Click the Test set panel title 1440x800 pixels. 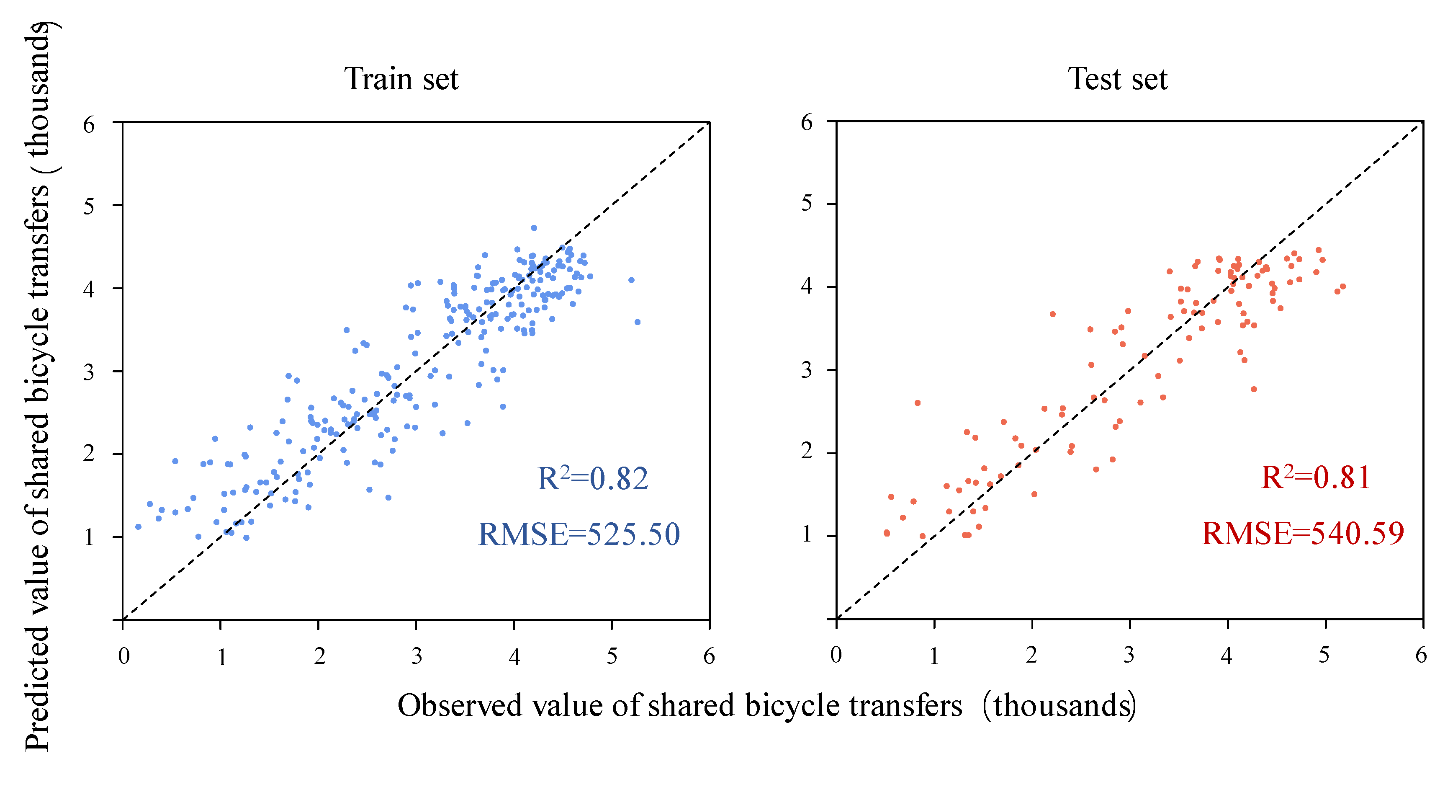tap(1117, 79)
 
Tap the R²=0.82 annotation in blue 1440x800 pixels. tap(593, 478)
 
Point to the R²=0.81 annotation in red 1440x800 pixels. tap(1316, 477)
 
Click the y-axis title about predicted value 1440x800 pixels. tap(38, 386)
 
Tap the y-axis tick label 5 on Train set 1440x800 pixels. tap(89, 206)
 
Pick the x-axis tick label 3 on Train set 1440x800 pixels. tap(417, 656)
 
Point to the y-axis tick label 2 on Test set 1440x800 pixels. tap(806, 451)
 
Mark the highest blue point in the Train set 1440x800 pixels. tap(534, 228)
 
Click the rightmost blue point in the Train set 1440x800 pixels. tap(637, 322)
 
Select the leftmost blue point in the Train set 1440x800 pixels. tap(138, 526)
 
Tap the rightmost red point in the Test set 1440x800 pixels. tap(1343, 286)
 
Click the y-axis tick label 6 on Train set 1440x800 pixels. tap(89, 124)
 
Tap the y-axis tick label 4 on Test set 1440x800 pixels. tap(806, 286)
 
